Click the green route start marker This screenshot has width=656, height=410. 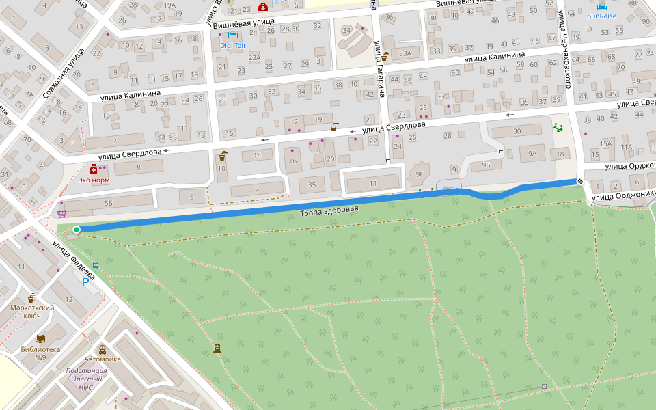tap(77, 230)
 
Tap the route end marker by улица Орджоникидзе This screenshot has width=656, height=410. tap(580, 181)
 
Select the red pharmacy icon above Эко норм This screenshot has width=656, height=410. tap(94, 169)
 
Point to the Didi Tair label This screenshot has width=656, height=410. tap(233, 45)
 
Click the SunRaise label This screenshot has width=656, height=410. tap(601, 15)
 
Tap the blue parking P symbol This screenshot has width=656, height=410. tap(85, 282)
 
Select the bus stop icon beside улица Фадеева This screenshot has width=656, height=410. tap(95, 265)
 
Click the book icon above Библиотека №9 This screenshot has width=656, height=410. tap(40, 338)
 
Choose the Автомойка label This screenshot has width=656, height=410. tap(103, 359)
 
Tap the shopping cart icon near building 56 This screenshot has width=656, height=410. tap(62, 213)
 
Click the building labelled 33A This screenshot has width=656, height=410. tap(405, 53)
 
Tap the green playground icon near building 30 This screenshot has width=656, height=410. tap(559, 128)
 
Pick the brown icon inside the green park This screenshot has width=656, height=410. tap(217, 348)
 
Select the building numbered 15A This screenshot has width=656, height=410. tap(605, 143)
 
